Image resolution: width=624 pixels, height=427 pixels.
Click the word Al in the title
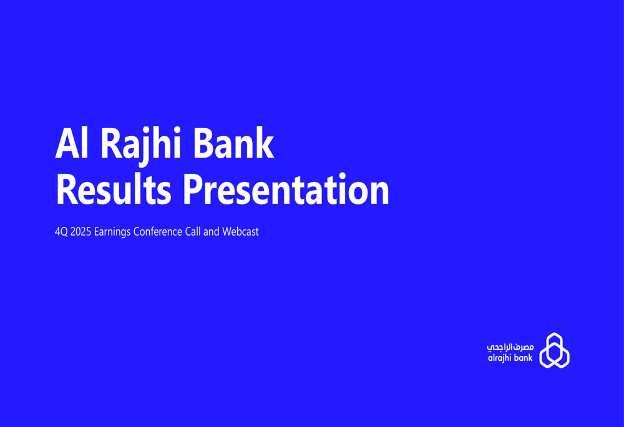[70, 143]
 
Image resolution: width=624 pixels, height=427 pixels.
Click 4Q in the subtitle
[61, 232]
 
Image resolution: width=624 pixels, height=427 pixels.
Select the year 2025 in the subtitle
[80, 232]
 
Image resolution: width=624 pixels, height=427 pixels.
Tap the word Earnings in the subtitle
[112, 233]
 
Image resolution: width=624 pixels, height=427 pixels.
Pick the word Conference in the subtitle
[158, 232]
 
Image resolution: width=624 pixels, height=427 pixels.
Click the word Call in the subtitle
[193, 232]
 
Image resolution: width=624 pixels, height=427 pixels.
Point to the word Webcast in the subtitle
[240, 232]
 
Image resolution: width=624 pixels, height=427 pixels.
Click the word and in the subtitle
[212, 232]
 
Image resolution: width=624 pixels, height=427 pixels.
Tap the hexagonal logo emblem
[554, 350]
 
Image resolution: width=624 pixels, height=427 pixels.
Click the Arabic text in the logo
[510, 346]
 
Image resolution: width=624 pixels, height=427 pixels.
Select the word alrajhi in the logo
[500, 358]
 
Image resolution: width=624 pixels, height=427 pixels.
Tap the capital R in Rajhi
[110, 143]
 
